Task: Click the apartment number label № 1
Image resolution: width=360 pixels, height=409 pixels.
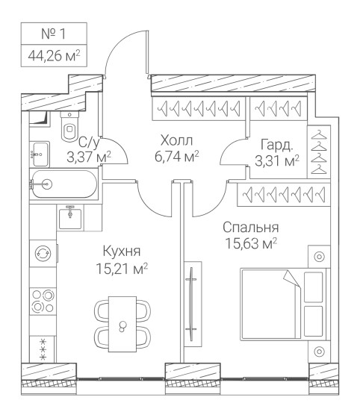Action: pyautogui.click(x=53, y=34)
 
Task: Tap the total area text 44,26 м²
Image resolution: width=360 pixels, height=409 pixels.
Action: pyautogui.click(x=54, y=55)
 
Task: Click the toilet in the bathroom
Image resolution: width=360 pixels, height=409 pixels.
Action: pyautogui.click(x=69, y=126)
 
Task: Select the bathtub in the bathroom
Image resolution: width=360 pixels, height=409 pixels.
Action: pyautogui.click(x=63, y=184)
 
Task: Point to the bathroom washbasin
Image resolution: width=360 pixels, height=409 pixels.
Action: pyautogui.click(x=40, y=154)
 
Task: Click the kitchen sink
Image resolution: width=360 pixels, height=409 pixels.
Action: pyautogui.click(x=70, y=217)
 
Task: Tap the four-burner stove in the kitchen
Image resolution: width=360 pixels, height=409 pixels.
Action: pyautogui.click(x=43, y=301)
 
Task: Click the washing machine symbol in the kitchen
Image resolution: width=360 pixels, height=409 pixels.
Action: pyautogui.click(x=43, y=253)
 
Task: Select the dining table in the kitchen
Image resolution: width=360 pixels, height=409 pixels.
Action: pyautogui.click(x=122, y=324)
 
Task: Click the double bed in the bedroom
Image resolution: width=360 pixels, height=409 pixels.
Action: pyautogui.click(x=283, y=305)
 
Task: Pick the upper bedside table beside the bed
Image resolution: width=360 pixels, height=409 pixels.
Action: pyautogui.click(x=319, y=257)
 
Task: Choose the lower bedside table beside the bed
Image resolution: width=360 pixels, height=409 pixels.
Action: pyautogui.click(x=319, y=352)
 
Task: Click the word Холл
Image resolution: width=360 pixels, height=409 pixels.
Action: pyautogui.click(x=177, y=140)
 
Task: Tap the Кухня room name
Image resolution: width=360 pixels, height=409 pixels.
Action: pyautogui.click(x=122, y=252)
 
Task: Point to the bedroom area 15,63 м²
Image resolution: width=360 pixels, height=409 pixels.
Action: pyautogui.click(x=251, y=243)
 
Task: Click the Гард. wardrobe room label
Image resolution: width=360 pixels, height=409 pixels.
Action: pyautogui.click(x=277, y=145)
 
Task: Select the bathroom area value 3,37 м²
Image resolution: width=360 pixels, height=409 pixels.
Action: pyautogui.click(x=89, y=157)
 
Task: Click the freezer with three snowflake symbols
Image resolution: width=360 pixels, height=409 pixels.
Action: pyautogui.click(x=43, y=349)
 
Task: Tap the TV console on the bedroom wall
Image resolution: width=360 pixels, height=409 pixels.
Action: pyautogui.click(x=193, y=305)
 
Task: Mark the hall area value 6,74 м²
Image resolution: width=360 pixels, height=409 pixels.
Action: pyautogui.click(x=177, y=157)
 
